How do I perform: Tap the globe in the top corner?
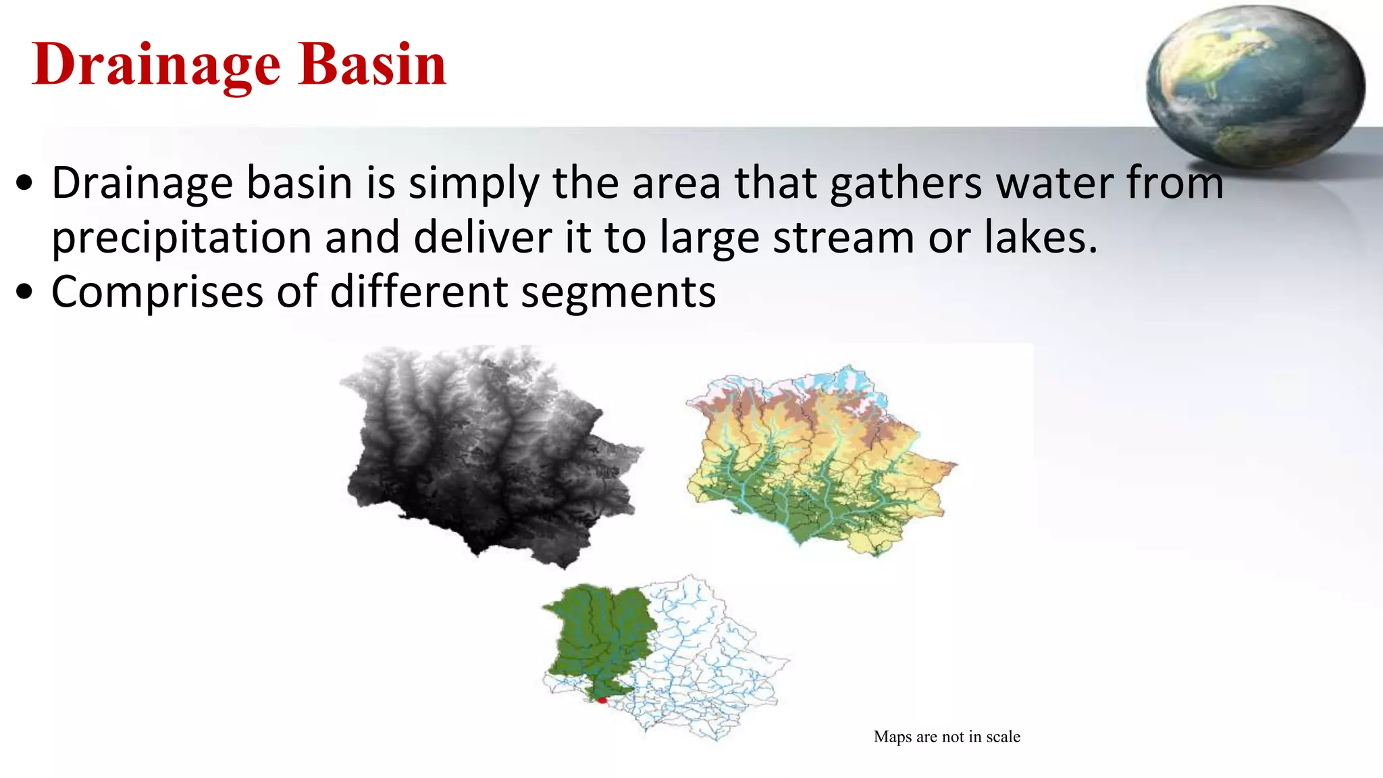(x=1255, y=84)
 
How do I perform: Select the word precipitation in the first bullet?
(x=181, y=238)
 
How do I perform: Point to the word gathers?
(x=905, y=183)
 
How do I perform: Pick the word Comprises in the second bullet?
(x=157, y=292)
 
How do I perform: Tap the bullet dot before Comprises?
(x=25, y=292)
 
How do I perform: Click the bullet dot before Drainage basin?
(x=25, y=183)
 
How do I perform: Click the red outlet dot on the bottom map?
(x=602, y=700)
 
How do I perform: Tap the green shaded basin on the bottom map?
(x=598, y=635)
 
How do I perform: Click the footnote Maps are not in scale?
(x=947, y=737)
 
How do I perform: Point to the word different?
(x=419, y=292)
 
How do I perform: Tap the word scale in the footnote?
(x=1003, y=737)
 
